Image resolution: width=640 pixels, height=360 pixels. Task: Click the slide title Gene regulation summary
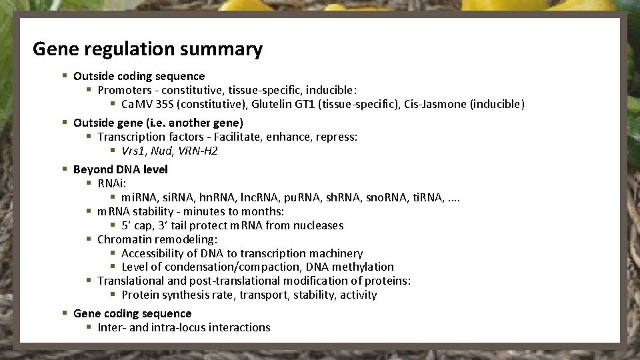(x=147, y=49)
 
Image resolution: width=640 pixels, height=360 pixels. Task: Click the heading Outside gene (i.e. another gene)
(x=158, y=123)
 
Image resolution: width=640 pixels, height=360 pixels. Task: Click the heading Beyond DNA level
(x=120, y=169)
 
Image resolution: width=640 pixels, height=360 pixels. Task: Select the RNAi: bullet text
(x=112, y=183)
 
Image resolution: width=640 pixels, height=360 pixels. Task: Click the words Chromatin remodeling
(x=157, y=239)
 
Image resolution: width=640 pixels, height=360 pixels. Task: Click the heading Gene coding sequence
(x=132, y=313)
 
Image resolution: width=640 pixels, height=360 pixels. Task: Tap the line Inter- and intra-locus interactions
(x=183, y=327)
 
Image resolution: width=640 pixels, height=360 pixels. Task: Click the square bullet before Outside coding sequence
(x=65, y=77)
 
